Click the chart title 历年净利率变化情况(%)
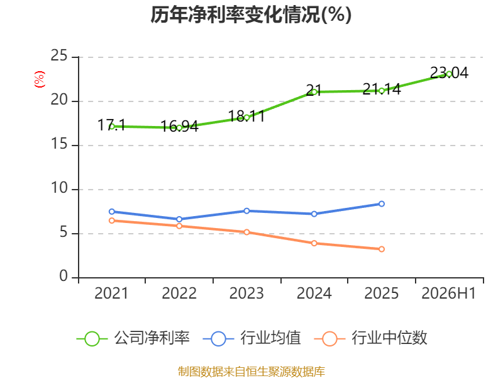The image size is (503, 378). [251, 14]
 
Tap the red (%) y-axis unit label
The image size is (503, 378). [40, 79]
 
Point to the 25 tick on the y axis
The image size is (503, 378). [59, 56]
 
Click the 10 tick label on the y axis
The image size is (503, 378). [59, 188]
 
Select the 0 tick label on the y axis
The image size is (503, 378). [64, 276]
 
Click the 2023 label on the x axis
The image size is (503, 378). [246, 294]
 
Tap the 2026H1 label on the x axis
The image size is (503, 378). [448, 294]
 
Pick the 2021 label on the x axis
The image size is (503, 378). [111, 294]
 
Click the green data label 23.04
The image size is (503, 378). [449, 73]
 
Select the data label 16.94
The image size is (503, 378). [179, 127]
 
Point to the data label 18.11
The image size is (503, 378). [246, 117]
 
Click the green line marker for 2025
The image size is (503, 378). [382, 91]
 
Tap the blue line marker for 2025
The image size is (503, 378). [382, 203]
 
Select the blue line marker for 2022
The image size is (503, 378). [179, 219]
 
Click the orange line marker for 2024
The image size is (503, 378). [314, 243]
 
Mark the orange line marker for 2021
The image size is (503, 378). [112, 220]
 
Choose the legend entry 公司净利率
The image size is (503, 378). [133, 338]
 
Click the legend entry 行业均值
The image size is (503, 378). [252, 338]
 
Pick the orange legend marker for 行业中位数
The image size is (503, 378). [329, 339]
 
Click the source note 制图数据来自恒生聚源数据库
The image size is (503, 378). [251, 372]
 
